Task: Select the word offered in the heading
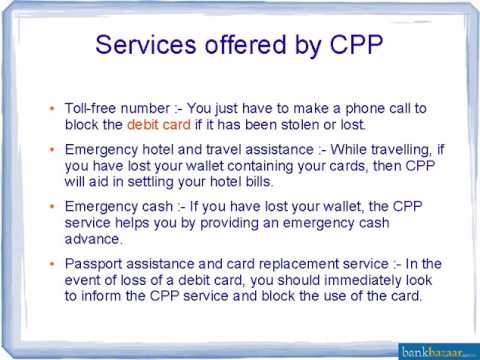tap(243, 47)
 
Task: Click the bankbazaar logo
tap(436, 348)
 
